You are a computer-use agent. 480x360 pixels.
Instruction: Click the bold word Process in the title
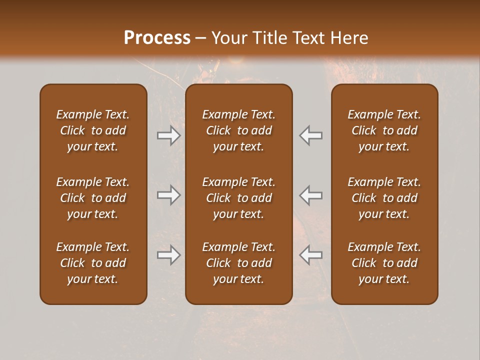coord(157,38)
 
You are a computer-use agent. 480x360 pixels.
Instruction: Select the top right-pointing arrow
coord(168,135)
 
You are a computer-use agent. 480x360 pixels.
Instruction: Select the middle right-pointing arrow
coord(168,195)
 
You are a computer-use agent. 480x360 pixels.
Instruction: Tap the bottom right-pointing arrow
coord(168,255)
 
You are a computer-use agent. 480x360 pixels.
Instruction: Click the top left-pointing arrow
coord(311,135)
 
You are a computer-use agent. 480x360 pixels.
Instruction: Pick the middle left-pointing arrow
coord(311,195)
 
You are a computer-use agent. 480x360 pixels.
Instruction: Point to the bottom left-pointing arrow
coord(311,255)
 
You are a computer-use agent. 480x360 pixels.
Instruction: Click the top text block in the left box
coord(93,130)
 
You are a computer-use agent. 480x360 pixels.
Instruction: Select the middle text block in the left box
coord(93,198)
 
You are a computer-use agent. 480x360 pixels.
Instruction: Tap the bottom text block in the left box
coord(93,263)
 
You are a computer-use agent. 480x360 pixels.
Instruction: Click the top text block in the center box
coord(238,130)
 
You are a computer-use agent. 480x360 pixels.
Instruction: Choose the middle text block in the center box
coord(238,198)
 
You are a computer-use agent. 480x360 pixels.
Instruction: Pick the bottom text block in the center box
coord(238,263)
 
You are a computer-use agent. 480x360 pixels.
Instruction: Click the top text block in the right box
coord(384,130)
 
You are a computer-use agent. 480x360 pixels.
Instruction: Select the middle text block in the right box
coord(384,198)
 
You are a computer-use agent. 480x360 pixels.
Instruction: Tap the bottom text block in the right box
coord(384,263)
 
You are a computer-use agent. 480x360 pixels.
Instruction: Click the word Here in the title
coord(349,38)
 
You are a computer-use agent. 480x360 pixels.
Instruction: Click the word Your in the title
coord(228,38)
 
